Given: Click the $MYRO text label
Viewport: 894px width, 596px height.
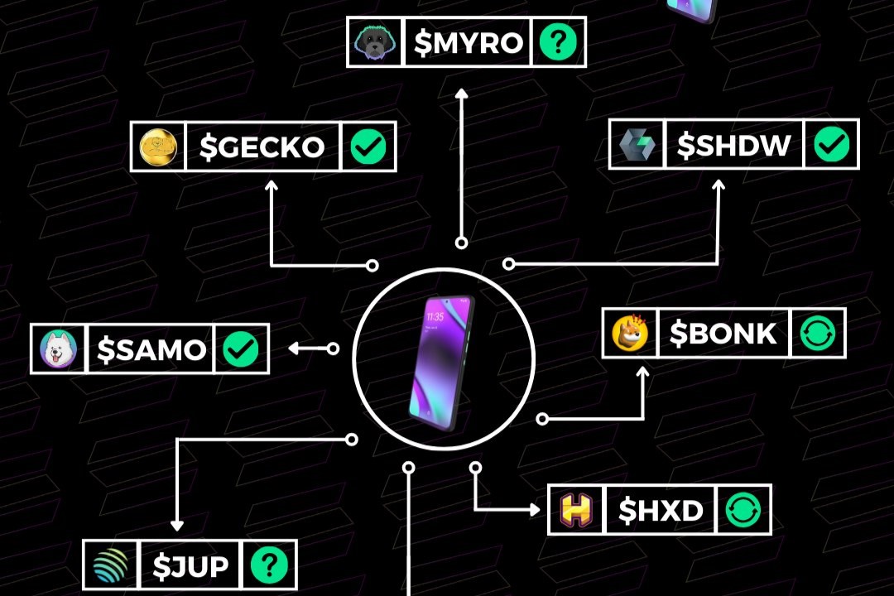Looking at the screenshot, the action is (468, 42).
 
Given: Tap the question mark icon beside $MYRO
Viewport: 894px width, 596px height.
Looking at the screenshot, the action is (558, 41).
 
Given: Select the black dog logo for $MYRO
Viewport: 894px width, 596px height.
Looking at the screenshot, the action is (375, 42).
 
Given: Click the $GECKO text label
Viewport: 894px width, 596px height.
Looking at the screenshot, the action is (262, 147).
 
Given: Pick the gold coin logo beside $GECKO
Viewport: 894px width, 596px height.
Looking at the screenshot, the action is (158, 147).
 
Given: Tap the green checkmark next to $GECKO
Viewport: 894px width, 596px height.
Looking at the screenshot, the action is (368, 147).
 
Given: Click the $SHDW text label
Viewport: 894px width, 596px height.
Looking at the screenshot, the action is (733, 145).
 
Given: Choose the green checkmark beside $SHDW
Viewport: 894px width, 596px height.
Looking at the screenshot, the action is (831, 144).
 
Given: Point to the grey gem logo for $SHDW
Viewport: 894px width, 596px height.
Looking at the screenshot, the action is (637, 145).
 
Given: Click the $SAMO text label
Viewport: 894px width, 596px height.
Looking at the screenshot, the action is (151, 349).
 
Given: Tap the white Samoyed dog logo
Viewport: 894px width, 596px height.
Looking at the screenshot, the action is (58, 349).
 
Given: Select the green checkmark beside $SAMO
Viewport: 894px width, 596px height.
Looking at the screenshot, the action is (241, 349).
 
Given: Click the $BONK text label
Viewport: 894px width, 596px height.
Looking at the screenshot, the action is (723, 333).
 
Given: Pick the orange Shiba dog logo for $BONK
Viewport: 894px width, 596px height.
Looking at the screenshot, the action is (630, 333).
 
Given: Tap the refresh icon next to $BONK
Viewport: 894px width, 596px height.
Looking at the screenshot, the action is (818, 333).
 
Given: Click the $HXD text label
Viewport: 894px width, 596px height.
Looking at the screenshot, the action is (661, 510).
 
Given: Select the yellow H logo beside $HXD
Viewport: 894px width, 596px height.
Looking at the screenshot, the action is (576, 509).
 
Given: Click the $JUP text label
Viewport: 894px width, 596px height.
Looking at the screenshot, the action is (190, 565).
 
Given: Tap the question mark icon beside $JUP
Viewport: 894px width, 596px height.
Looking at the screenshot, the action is (269, 565).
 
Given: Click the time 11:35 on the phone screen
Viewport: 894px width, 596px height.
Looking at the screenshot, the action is (435, 316).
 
